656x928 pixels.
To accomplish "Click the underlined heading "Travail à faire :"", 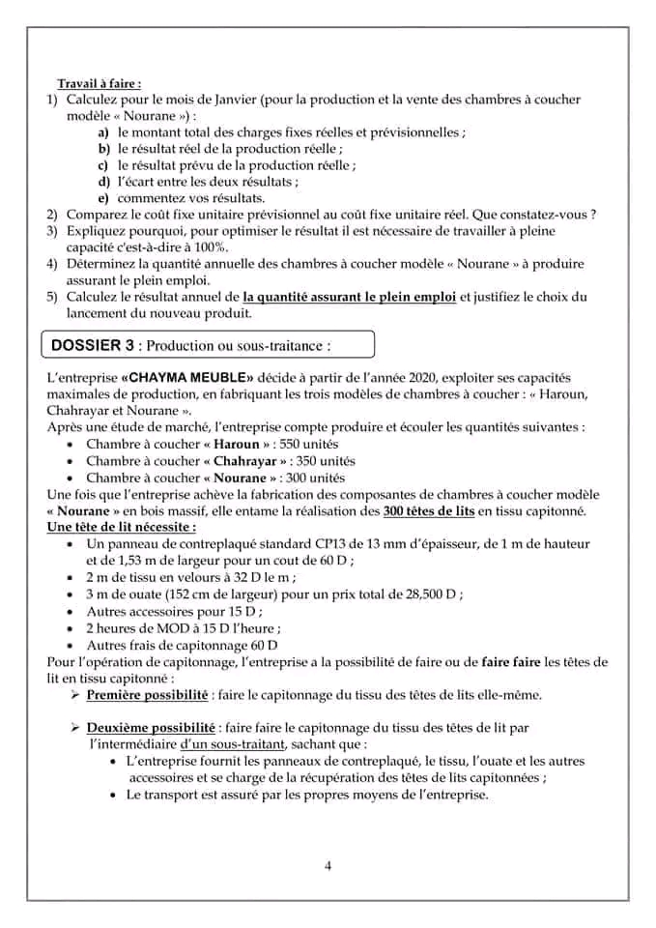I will [99, 84].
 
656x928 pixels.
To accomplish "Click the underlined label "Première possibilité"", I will [146, 695].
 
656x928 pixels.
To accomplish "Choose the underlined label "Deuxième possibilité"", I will [149, 727].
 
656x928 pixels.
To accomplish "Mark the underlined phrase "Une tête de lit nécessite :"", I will [122, 527].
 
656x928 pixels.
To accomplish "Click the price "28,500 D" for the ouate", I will [423, 594].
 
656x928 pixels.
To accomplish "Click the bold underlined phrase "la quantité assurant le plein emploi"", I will [350, 297].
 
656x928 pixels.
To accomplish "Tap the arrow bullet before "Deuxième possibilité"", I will [73, 727].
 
